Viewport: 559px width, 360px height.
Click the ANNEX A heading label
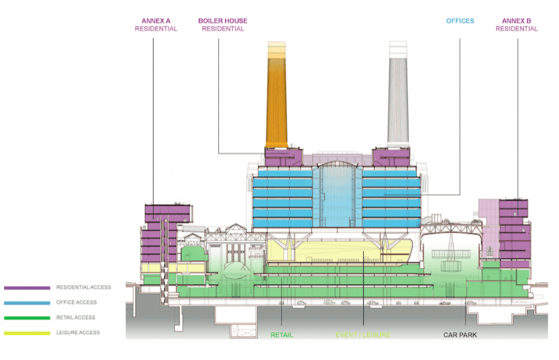pyautogui.click(x=156, y=20)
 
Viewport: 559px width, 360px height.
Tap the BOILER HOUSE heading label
pyautogui.click(x=222, y=20)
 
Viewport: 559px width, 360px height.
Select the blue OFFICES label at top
pyautogui.click(x=460, y=21)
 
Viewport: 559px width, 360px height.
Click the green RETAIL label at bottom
pyautogui.click(x=282, y=335)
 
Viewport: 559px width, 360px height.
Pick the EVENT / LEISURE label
pyautogui.click(x=362, y=335)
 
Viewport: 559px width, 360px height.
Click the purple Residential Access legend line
pyautogui.click(x=27, y=288)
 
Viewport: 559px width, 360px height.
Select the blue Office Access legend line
pyautogui.click(x=27, y=303)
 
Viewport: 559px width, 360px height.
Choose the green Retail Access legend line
pyautogui.click(x=27, y=318)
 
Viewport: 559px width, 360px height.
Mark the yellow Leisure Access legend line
pyautogui.click(x=27, y=333)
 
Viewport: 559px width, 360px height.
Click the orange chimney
pyautogui.click(x=276, y=95)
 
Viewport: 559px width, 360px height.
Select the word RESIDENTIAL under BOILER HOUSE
pyautogui.click(x=222, y=29)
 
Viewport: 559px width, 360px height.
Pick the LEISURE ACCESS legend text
pyautogui.click(x=78, y=333)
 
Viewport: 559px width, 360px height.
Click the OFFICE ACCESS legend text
pyautogui.click(x=76, y=303)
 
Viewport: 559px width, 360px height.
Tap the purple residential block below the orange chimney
pyautogui.click(x=283, y=158)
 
